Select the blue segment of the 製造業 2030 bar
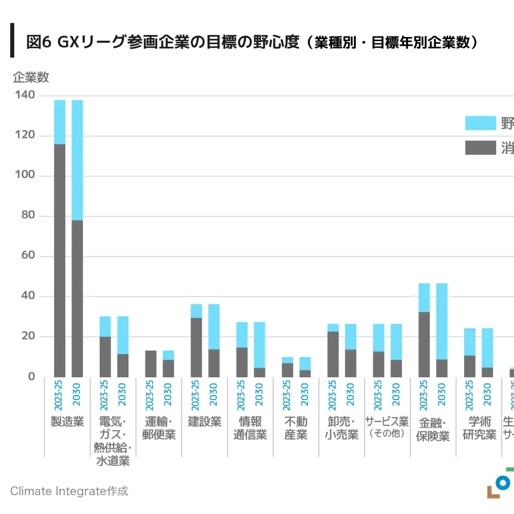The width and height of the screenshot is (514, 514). tap(77, 160)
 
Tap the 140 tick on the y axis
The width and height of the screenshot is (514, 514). tap(24, 96)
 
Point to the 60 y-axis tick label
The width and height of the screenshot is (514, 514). tap(27, 256)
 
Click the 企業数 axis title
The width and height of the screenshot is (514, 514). tap(30, 78)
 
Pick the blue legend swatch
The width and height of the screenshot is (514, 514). tap(480, 123)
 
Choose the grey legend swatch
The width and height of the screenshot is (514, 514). tap(480, 148)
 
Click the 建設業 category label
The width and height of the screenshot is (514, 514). tap(205, 422)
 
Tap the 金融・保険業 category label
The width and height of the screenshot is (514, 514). tap(433, 429)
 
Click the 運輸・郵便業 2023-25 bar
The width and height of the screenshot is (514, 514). tap(151, 364)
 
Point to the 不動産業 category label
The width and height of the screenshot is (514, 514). tap(296, 428)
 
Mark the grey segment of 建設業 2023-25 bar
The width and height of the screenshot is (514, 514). tap(196, 347)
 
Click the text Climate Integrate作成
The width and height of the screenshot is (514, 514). tap(69, 491)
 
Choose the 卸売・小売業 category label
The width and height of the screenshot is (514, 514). tap(342, 428)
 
